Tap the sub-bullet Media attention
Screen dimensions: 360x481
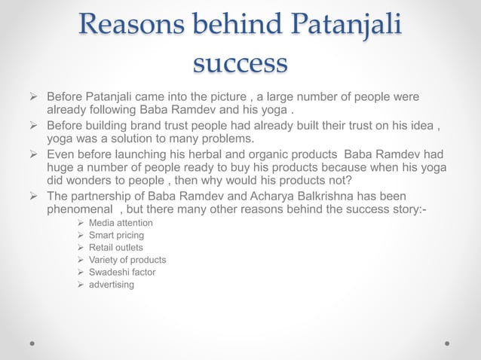(x=121, y=224)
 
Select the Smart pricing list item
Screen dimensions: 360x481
(x=116, y=236)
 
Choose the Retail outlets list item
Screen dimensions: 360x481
(x=115, y=248)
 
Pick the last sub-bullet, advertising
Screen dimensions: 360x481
(x=112, y=284)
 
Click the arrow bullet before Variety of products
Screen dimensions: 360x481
(x=81, y=260)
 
